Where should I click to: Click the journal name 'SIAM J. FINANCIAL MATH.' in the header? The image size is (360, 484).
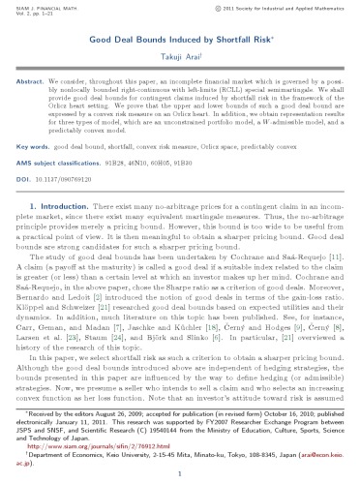(48, 8)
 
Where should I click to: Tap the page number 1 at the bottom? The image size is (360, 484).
(180, 476)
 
